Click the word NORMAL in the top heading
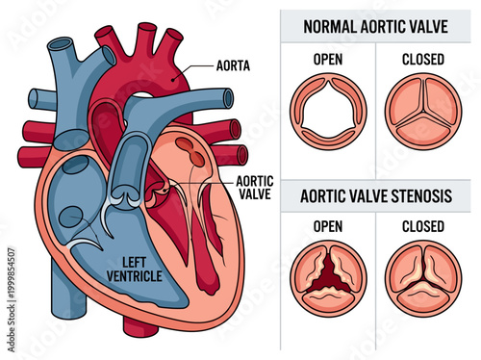tap(329, 26)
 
